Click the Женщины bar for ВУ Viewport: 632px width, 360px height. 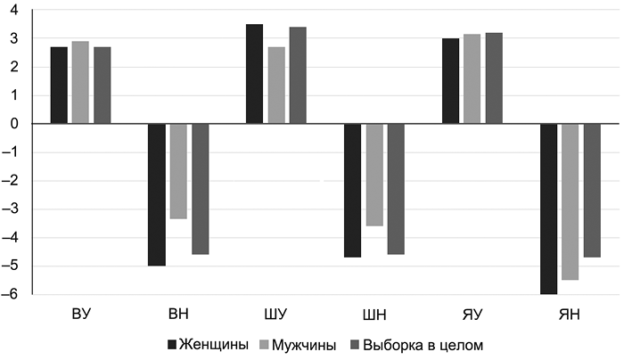click(59, 86)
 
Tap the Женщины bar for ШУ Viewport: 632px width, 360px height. click(254, 74)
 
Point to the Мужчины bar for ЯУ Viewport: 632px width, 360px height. click(472, 79)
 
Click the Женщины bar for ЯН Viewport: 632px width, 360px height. click(548, 209)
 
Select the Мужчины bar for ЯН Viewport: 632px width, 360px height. click(570, 201)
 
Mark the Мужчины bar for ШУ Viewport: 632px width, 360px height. click(276, 86)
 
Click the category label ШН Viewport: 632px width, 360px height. click(373, 314)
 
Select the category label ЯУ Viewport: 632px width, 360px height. click(472, 314)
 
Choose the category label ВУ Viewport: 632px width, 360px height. click(81, 314)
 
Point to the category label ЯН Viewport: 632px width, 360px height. click(570, 314)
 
